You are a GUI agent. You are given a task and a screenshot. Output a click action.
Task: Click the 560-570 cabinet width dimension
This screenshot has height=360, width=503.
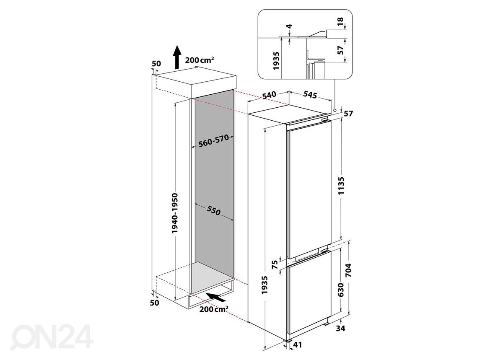click(x=213, y=141)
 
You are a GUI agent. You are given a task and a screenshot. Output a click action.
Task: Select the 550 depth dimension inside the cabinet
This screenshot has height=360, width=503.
click(x=213, y=211)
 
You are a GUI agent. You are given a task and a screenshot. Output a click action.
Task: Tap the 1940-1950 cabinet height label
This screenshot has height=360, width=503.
click(x=174, y=213)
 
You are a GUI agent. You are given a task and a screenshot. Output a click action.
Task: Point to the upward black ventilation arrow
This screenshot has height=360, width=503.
click(x=177, y=57)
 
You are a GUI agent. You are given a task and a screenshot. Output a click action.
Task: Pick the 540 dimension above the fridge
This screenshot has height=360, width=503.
click(x=269, y=95)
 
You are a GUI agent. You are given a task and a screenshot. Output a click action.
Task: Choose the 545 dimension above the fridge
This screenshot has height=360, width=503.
click(x=310, y=95)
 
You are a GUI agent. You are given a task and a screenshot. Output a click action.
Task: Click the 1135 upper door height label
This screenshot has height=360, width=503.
click(x=341, y=186)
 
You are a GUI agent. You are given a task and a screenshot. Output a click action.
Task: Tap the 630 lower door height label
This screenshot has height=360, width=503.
click(x=341, y=290)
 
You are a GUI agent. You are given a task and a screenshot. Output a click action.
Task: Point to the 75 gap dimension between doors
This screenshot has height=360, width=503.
click(x=275, y=264)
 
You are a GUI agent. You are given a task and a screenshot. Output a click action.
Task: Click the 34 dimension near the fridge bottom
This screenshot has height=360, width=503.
click(x=340, y=329)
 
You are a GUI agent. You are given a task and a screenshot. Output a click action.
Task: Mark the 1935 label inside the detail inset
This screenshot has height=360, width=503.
click(x=276, y=61)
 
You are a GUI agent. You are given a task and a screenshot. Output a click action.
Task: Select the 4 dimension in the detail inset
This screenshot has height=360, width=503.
click(x=290, y=26)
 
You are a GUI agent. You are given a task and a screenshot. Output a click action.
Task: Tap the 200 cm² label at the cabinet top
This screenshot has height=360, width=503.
click(x=199, y=60)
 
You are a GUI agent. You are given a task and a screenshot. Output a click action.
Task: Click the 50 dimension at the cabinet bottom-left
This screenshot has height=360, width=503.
click(x=155, y=303)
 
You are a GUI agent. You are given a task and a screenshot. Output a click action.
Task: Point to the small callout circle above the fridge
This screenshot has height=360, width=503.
click(x=335, y=110)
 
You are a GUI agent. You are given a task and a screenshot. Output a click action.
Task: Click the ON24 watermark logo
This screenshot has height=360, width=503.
click(x=52, y=337)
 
